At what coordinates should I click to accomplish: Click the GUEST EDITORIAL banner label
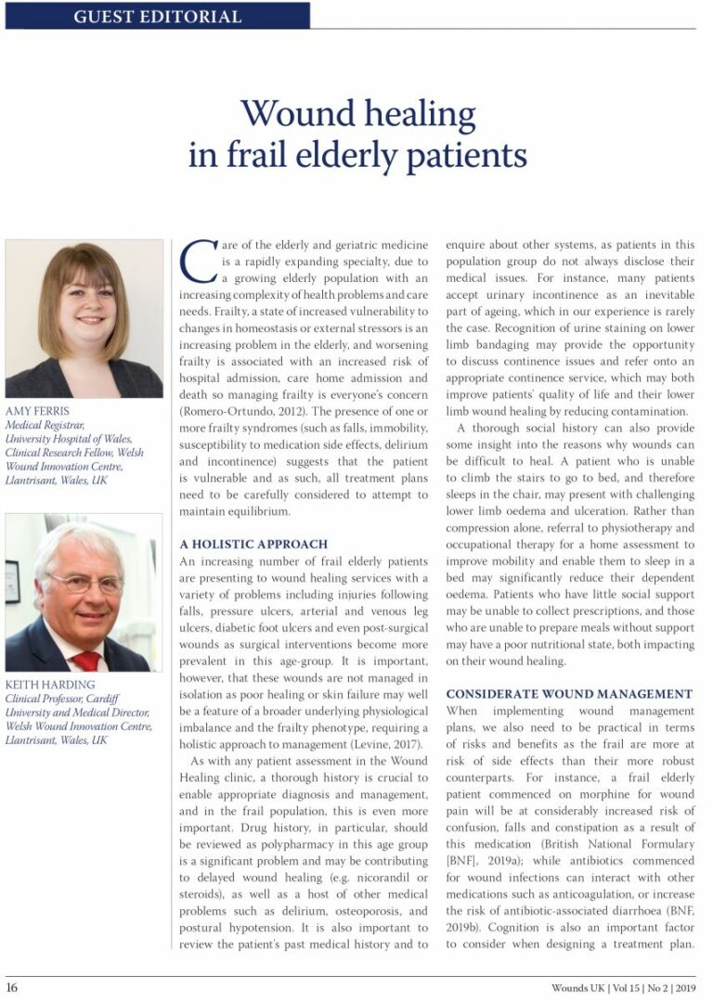pyautogui.click(x=157, y=16)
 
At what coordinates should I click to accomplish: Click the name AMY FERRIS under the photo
pyautogui.click(x=39, y=411)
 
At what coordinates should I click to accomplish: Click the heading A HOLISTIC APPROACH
pyautogui.click(x=253, y=544)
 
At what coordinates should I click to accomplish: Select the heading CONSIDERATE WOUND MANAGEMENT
pyautogui.click(x=569, y=694)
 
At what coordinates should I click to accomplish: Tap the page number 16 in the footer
pyautogui.click(x=11, y=987)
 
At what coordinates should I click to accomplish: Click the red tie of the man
pyautogui.click(x=85, y=660)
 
